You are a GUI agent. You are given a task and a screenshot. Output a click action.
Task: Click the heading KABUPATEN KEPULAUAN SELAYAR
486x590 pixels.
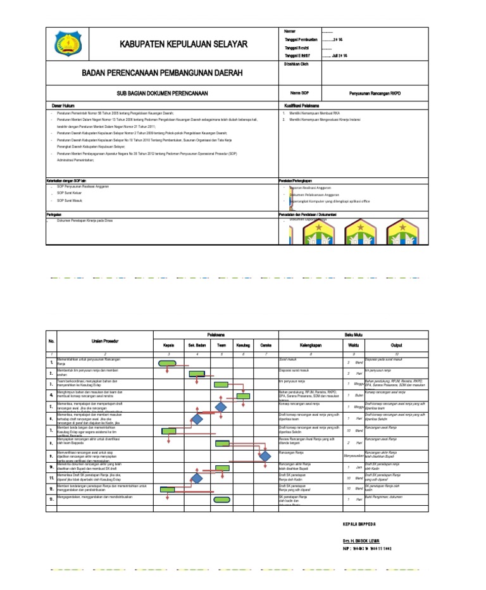175,44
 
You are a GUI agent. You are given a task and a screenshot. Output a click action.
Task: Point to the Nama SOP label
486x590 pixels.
299,93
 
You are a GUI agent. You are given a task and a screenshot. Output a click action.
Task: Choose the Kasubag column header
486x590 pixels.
243,346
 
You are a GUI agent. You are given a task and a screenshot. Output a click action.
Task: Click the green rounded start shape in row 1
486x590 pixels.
167,363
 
